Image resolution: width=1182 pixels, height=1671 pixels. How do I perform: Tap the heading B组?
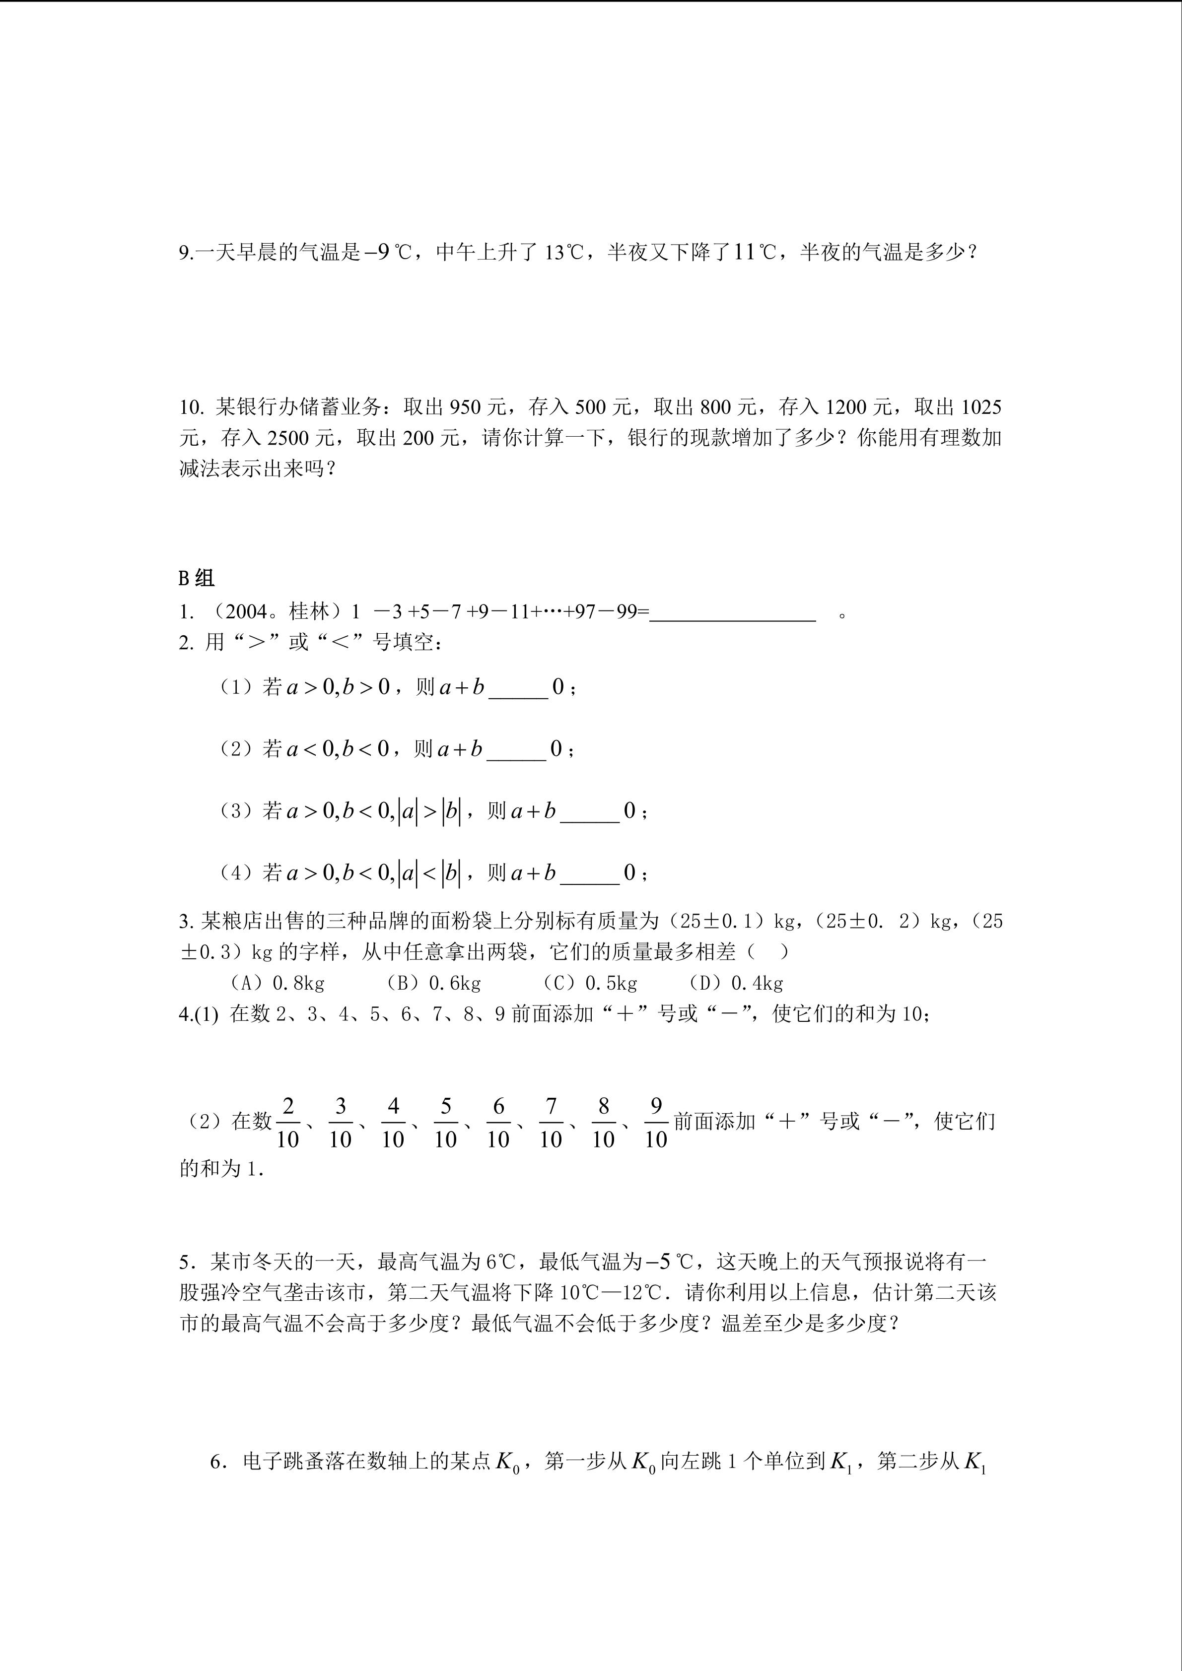pyautogui.click(x=197, y=579)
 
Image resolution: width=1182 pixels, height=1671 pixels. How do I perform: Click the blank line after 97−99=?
pyautogui.click(x=732, y=613)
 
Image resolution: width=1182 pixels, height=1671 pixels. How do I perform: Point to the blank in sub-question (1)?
pyautogui.click(x=518, y=688)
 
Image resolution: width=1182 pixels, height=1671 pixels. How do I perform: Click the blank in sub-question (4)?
pyautogui.click(x=590, y=874)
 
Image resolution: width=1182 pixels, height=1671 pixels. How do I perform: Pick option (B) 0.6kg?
pyautogui.click(x=434, y=983)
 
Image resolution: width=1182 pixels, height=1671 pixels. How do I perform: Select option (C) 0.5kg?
pyautogui.click(x=590, y=983)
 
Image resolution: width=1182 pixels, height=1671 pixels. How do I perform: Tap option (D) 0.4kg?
pyautogui.click(x=736, y=983)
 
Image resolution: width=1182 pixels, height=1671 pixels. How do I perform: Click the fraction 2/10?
pyautogui.click(x=288, y=1123)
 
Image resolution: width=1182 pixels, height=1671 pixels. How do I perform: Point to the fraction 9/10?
pyautogui.click(x=656, y=1123)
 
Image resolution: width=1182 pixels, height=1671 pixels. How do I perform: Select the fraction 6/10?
pyautogui.click(x=498, y=1123)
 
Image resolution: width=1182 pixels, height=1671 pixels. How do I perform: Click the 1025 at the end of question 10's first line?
pyautogui.click(x=981, y=407)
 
